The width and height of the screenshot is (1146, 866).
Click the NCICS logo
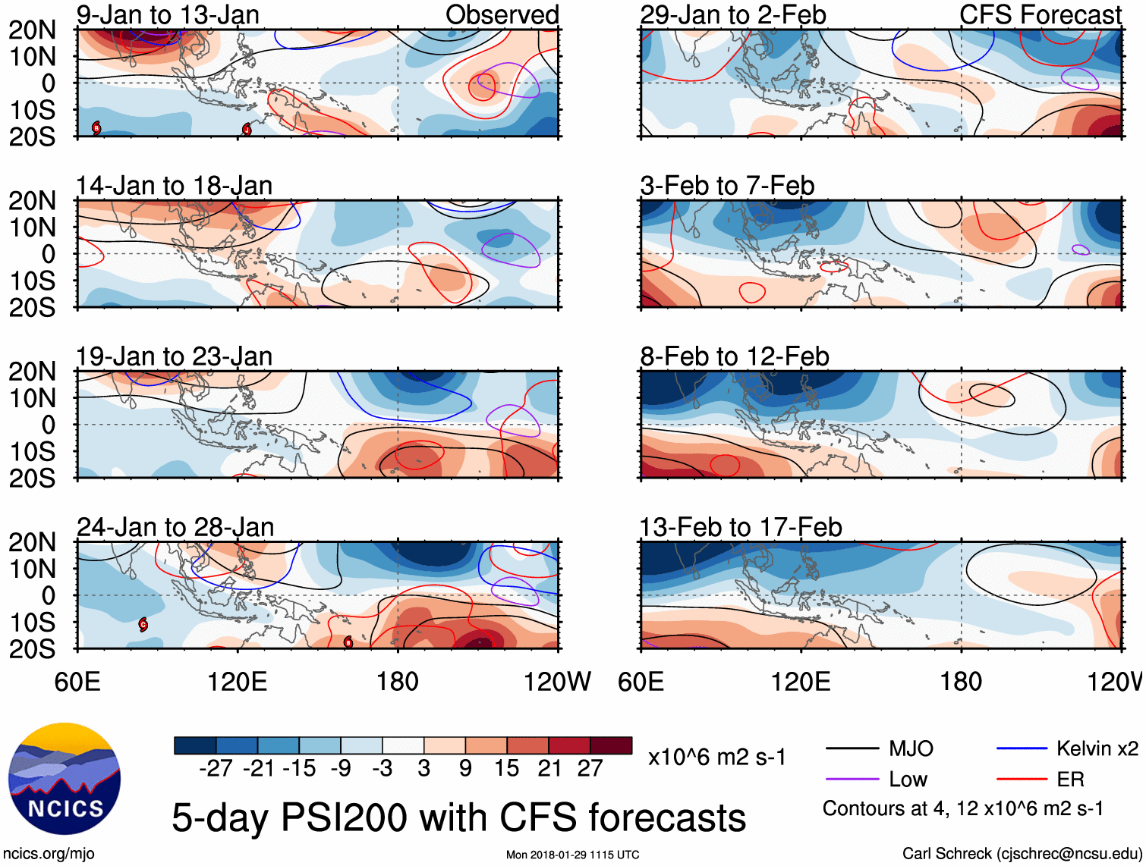pos(65,779)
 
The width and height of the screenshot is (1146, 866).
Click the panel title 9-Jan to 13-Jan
pos(168,14)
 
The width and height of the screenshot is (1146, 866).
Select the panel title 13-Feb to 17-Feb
pos(741,527)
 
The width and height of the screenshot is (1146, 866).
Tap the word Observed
pos(502,14)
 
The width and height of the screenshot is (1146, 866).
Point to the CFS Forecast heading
pos(1041,14)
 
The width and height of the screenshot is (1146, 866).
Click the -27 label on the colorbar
pos(216,769)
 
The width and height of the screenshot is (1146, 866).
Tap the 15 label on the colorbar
pos(507,769)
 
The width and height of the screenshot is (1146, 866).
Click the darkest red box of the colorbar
pos(611,745)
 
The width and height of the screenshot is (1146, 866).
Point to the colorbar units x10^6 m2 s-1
pos(716,758)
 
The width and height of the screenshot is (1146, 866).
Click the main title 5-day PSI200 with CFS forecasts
pos(459,818)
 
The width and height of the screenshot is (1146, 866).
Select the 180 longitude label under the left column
pos(398,682)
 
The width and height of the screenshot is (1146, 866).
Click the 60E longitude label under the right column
pos(641,682)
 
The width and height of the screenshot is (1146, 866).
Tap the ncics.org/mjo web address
pos(49,854)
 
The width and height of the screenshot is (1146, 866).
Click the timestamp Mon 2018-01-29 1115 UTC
pos(573,855)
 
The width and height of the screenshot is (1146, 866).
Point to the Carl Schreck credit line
pos(1022,854)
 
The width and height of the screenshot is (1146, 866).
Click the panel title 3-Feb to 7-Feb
pos(727,186)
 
